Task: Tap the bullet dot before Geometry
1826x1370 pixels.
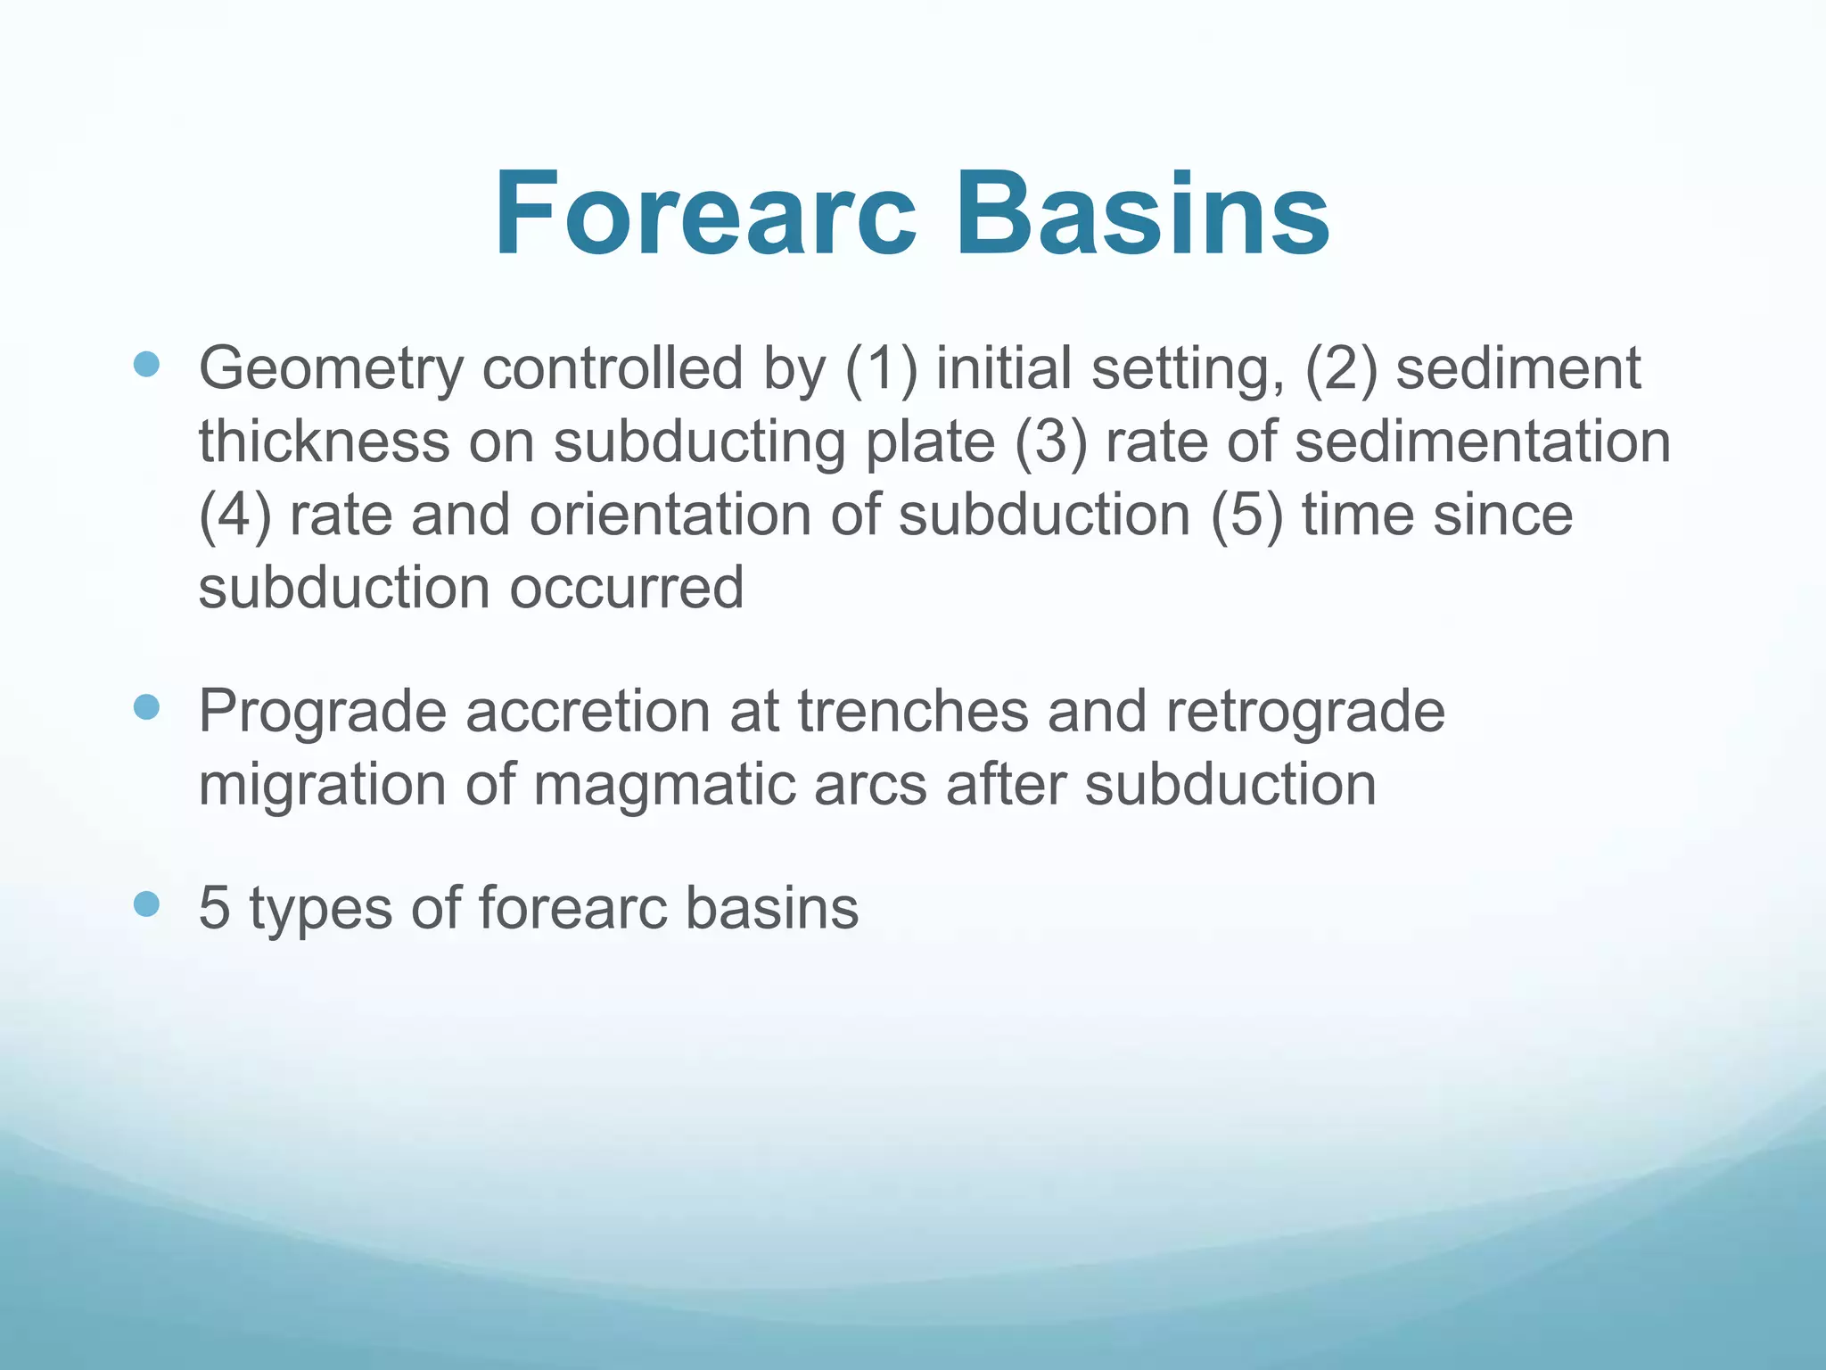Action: pyautogui.click(x=146, y=364)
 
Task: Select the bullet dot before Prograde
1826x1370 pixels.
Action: pyautogui.click(x=146, y=707)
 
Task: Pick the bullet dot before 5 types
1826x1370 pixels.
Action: pyautogui.click(x=146, y=904)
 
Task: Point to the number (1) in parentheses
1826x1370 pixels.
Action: pyautogui.click(x=881, y=369)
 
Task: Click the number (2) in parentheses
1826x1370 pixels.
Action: pyautogui.click(x=1341, y=369)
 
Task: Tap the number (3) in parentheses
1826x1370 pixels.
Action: pyautogui.click(x=1051, y=442)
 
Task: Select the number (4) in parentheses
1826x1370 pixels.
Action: pyautogui.click(x=234, y=516)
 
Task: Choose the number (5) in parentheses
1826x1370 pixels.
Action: pyautogui.click(x=1247, y=516)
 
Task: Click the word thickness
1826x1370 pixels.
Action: pyautogui.click(x=324, y=442)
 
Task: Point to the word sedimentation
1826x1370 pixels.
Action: pyautogui.click(x=1482, y=442)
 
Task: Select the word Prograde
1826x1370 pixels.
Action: pyautogui.click(x=322, y=712)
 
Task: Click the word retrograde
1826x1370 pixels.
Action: pyautogui.click(x=1304, y=712)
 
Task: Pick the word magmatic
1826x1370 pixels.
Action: pyautogui.click(x=730, y=785)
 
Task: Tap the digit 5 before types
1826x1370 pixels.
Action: pyautogui.click(x=214, y=908)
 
